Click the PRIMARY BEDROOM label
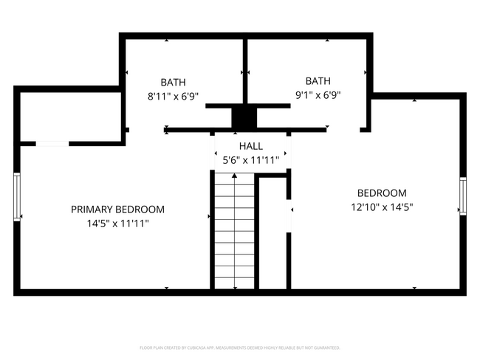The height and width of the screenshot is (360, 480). tap(117, 210)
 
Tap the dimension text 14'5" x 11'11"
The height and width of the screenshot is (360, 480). tap(117, 224)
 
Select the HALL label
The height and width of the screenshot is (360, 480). tap(250, 147)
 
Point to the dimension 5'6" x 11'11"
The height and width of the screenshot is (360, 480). tap(250, 160)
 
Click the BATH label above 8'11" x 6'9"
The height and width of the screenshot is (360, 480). tap(173, 83)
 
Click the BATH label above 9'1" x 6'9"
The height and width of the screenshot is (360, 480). tap(318, 81)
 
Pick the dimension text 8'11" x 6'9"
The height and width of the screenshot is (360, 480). tap(173, 96)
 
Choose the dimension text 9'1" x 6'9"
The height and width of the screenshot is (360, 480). tap(318, 94)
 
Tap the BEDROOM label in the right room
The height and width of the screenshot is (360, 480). tap(382, 193)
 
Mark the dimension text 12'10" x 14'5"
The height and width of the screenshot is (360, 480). tap(382, 207)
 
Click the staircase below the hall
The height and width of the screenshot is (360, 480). tap(234, 230)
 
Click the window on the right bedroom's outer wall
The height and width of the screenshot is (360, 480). tap(463, 196)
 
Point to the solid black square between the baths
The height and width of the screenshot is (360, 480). tap(242, 118)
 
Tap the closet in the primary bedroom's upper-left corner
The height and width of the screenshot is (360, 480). tap(70, 116)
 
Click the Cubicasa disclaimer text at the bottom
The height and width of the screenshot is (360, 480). tap(240, 347)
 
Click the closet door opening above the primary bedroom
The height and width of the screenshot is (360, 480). tap(52, 143)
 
